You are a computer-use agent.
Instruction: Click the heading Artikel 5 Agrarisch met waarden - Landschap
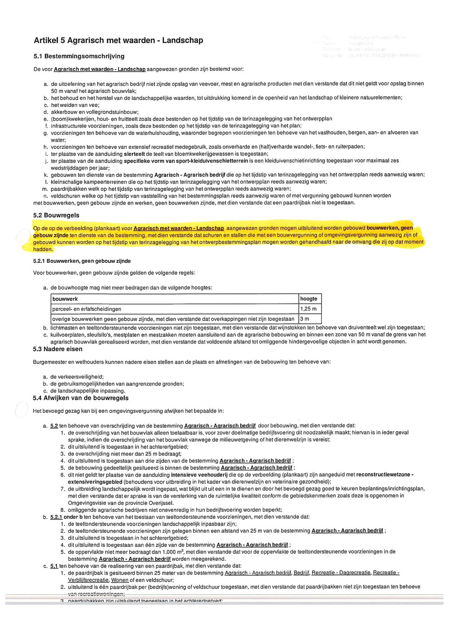point(118,41)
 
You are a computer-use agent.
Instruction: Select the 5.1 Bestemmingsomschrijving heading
point(79,56)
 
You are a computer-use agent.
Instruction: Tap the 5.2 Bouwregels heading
point(56,215)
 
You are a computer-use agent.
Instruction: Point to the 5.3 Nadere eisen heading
point(58,349)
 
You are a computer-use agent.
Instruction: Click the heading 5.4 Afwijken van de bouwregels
point(81,398)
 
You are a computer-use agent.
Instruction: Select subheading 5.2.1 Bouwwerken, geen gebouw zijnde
point(82,261)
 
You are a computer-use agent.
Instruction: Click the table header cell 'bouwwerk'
point(65,299)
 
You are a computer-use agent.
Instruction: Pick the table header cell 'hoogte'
point(309,299)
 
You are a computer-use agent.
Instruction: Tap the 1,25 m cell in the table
point(308,309)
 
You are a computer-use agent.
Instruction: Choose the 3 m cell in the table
point(305,319)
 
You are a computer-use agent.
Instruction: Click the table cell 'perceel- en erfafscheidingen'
point(87,309)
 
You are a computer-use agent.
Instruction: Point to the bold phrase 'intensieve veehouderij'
point(199,475)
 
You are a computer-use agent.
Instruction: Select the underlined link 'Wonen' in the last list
point(120,580)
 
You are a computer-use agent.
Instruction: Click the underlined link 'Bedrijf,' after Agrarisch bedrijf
point(301,573)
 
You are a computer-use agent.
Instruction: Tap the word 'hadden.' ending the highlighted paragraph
point(44,249)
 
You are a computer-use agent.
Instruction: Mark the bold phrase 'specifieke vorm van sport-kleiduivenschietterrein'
point(187,161)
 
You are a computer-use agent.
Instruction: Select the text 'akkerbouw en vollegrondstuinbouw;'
point(95,112)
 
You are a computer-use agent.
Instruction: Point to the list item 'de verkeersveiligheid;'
point(77,377)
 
